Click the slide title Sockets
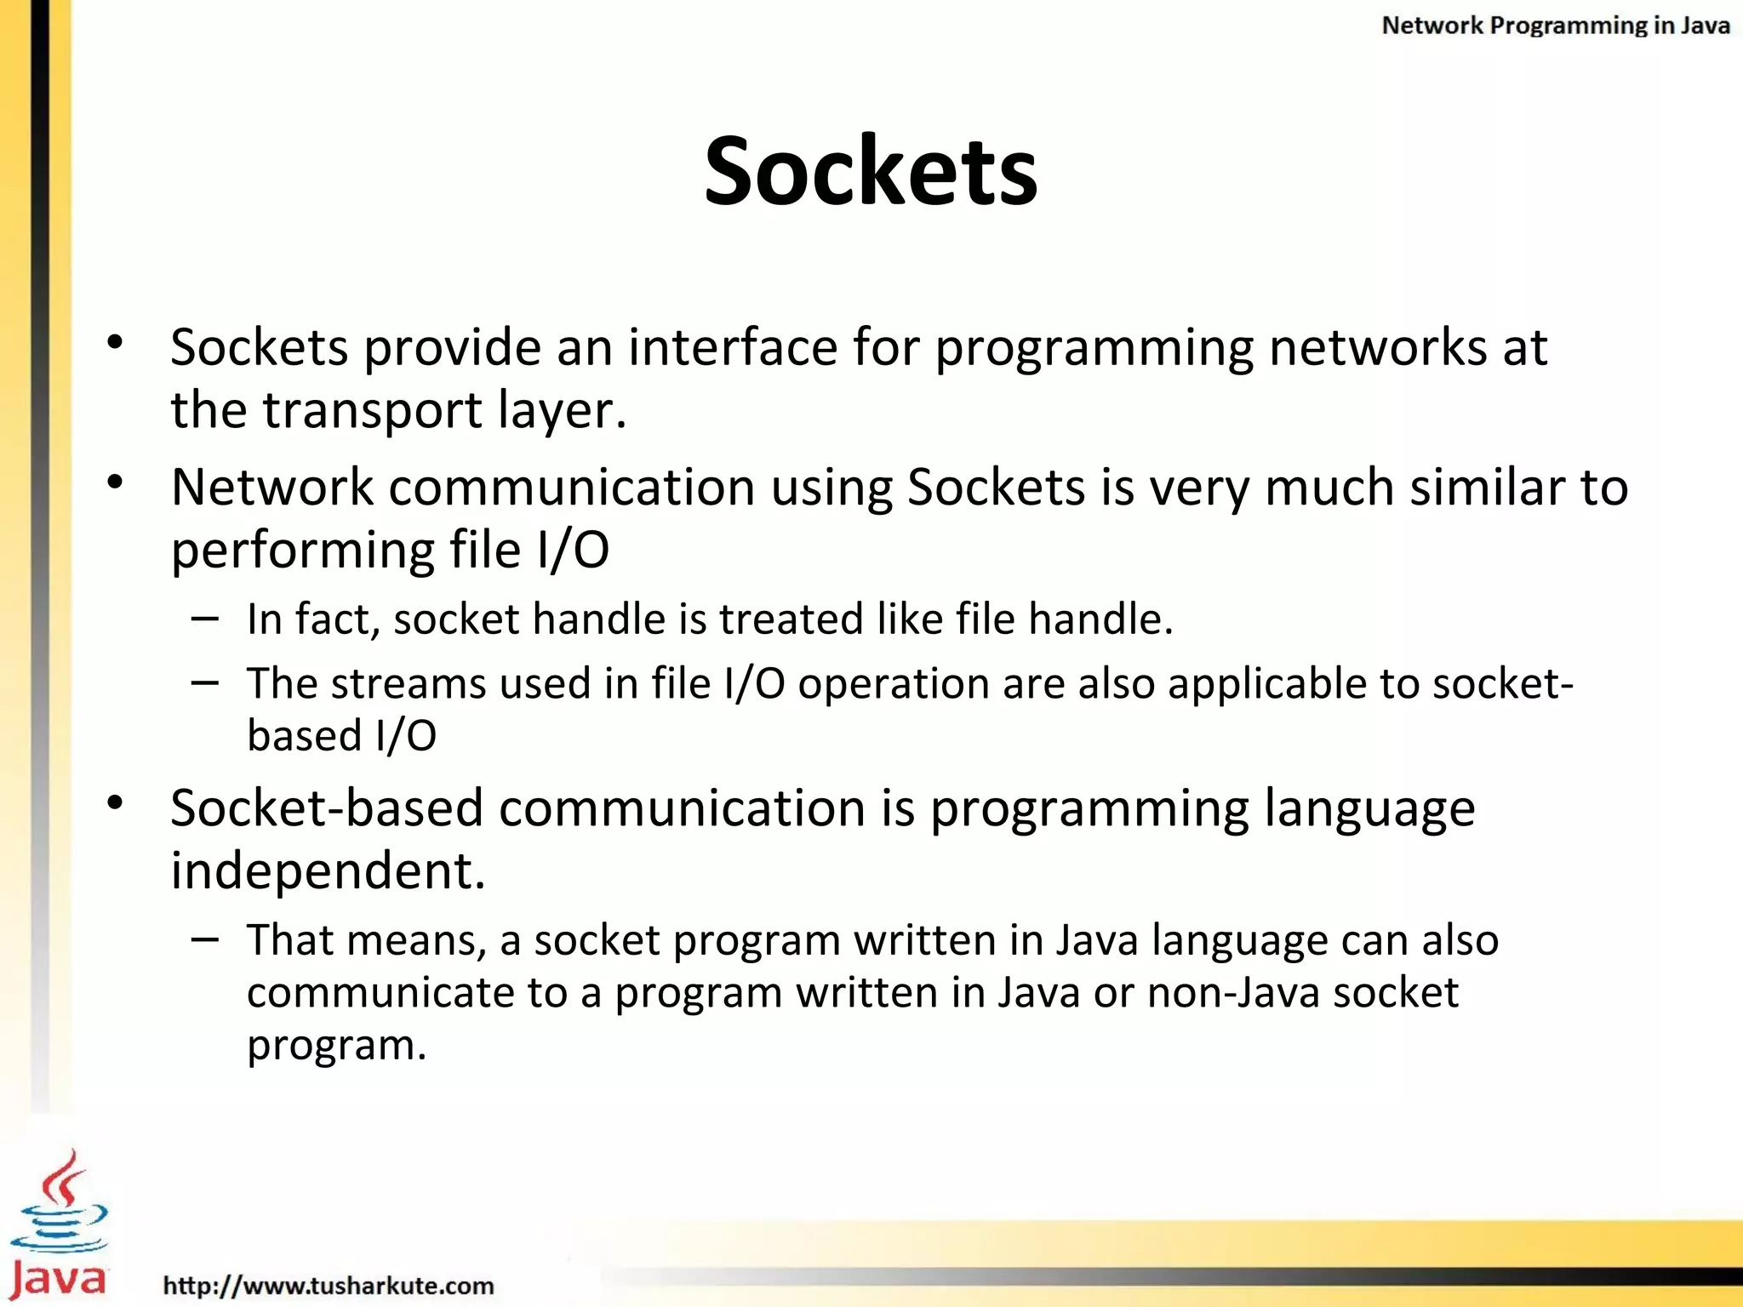click(871, 172)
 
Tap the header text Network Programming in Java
click(1555, 26)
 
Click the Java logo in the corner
click(58, 1225)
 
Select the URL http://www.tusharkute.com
click(329, 1285)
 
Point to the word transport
click(373, 411)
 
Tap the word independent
click(328, 870)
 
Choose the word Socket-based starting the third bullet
click(327, 808)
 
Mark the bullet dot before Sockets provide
click(116, 342)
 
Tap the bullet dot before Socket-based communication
click(116, 802)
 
